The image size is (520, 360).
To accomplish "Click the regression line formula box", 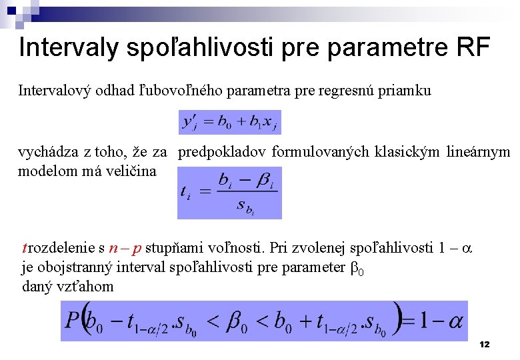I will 229,122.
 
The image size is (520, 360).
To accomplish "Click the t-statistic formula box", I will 229,192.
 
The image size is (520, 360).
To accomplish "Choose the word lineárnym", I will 478,152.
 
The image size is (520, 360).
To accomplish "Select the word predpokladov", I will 222,152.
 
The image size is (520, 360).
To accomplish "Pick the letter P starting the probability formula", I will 72,321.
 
